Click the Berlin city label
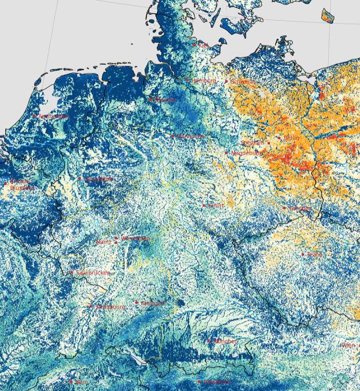tap(292, 138)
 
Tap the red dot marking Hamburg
tap(187, 80)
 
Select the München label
tap(225, 341)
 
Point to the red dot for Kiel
tap(194, 45)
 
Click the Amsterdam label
tap(54, 117)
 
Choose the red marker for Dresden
tap(284, 208)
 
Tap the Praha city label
tap(315, 255)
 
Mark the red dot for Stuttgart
tap(137, 303)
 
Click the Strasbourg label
tap(110, 307)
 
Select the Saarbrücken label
tap(93, 273)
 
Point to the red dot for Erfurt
tap(204, 205)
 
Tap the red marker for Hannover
tap(173, 136)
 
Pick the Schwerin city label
tap(243, 82)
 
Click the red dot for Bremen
tap(151, 100)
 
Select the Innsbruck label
tap(217, 382)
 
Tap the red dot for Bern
tap(71, 382)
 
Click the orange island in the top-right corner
tap(328, 16)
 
